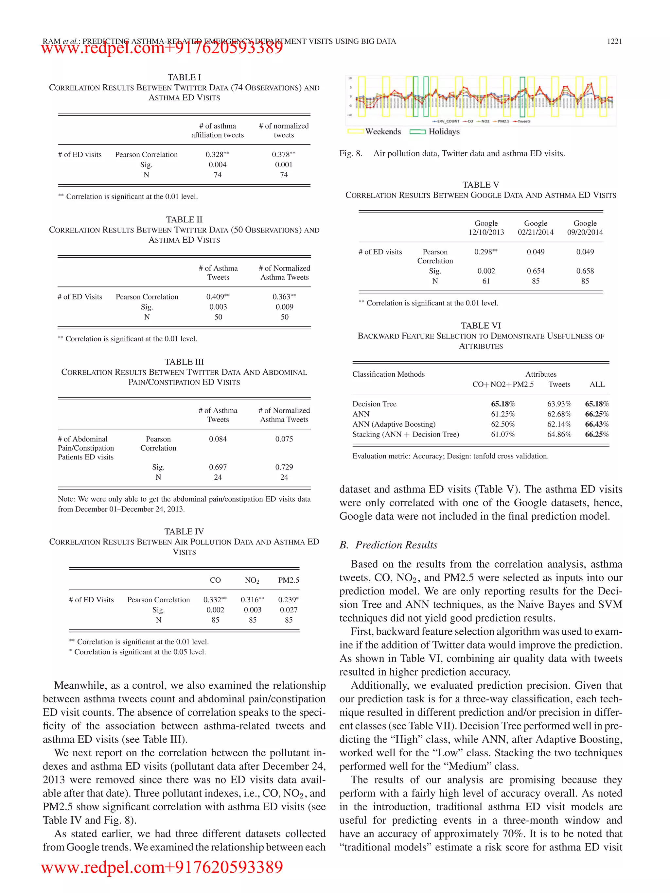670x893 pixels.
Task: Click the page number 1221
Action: click(614, 41)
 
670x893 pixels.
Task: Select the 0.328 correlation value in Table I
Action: click(216, 155)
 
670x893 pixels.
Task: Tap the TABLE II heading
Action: click(184, 220)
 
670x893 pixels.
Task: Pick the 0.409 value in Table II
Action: click(216, 297)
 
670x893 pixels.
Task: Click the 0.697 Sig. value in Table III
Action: click(218, 467)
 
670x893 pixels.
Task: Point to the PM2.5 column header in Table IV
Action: click(288, 580)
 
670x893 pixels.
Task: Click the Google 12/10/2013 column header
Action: click(486, 228)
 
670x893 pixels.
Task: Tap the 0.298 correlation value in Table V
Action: click(484, 252)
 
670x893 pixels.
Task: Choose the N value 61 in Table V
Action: click(486, 281)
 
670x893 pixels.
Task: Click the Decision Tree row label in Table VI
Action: click(374, 404)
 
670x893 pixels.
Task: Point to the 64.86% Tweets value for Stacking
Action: click(559, 434)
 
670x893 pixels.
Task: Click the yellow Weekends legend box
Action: click(355, 131)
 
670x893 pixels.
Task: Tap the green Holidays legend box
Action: click(417, 131)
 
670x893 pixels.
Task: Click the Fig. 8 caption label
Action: click(351, 153)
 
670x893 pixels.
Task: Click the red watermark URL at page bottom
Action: click(162, 867)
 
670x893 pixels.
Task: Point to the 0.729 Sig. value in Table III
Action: click(284, 467)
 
